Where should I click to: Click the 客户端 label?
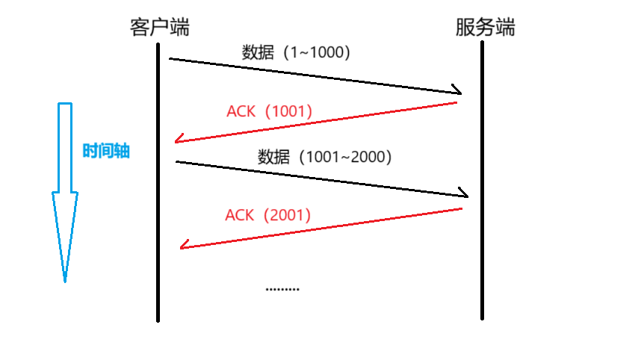click(x=159, y=28)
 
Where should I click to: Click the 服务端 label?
click(x=485, y=28)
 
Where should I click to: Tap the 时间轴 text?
click(x=106, y=151)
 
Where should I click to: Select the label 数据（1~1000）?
click(x=297, y=53)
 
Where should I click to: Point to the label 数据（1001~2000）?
click(x=325, y=157)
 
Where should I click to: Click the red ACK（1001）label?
click(x=269, y=111)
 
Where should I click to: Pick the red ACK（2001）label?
click(x=267, y=215)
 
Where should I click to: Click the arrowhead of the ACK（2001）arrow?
click(x=184, y=245)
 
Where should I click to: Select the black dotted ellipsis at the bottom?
click(x=282, y=289)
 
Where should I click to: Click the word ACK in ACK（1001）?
click(x=241, y=111)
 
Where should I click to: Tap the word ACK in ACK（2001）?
click(x=239, y=215)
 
